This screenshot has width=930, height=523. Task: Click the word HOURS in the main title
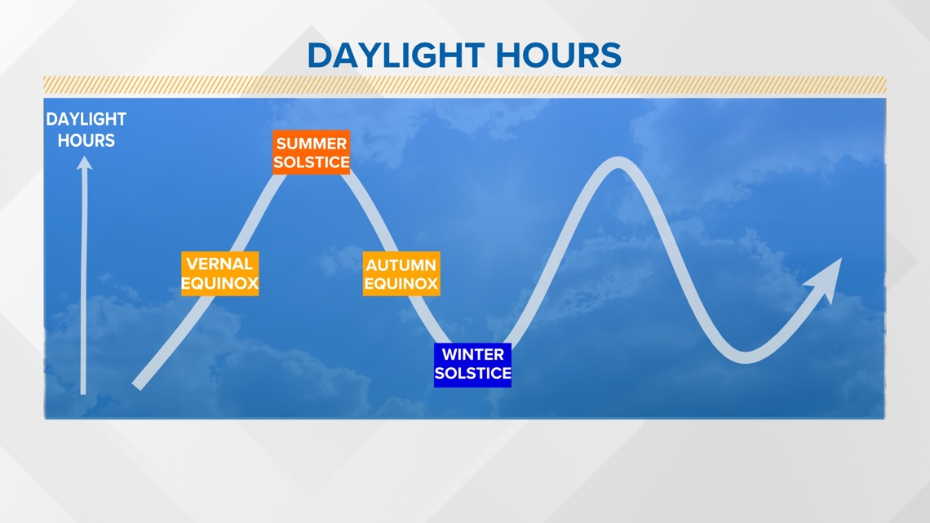point(559,55)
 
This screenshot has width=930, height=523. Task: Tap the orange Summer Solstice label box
point(312,153)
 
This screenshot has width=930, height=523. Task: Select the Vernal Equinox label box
point(220,273)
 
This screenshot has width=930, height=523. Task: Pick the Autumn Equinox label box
point(401,273)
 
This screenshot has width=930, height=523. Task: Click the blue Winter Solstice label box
point(472,365)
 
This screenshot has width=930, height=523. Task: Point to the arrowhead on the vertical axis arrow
point(84,163)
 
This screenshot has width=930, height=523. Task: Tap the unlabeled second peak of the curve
point(618,162)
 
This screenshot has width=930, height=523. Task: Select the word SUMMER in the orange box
point(312,144)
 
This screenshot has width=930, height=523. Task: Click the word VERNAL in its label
point(219,264)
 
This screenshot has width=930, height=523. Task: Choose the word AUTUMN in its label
point(401,265)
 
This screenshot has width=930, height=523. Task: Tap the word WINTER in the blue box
point(472,355)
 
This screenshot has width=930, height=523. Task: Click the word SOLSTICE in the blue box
point(472,374)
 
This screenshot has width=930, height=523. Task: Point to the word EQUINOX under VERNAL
point(219,283)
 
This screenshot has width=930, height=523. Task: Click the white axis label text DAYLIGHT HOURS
point(86,130)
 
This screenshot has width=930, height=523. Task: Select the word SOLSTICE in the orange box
point(312,162)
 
